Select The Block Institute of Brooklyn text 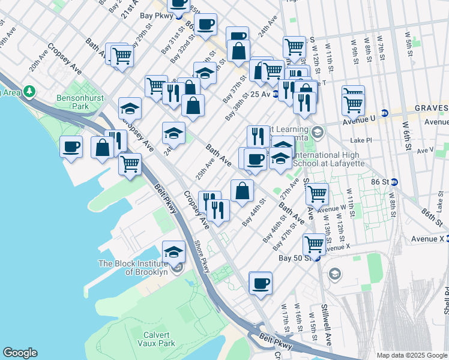click(x=133, y=268)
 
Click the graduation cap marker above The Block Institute click(x=173, y=251)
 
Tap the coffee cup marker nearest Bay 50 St click(x=261, y=283)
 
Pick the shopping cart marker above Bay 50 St click(x=315, y=244)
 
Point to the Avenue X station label click(x=426, y=239)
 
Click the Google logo click(x=19, y=353)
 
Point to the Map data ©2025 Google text click(x=411, y=355)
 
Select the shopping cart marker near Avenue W click(x=317, y=194)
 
